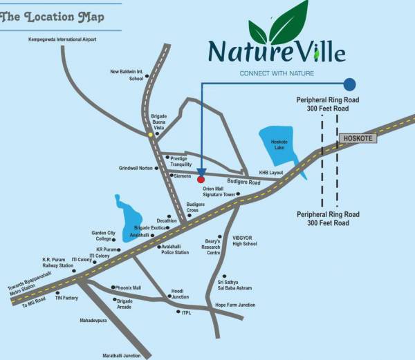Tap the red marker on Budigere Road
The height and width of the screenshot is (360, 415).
pos(201,179)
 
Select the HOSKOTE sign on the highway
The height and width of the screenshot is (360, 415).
pos(358,138)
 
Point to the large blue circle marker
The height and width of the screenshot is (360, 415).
pos(350,84)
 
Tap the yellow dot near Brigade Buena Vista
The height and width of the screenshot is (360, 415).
pos(151,135)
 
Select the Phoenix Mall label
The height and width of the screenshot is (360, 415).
pos(128,287)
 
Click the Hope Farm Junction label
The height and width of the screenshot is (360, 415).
pos(235,305)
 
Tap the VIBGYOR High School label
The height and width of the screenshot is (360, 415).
pos(245,240)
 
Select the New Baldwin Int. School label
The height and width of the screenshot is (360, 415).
pos(127,75)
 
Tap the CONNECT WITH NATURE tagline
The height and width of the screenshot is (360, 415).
pos(277,73)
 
